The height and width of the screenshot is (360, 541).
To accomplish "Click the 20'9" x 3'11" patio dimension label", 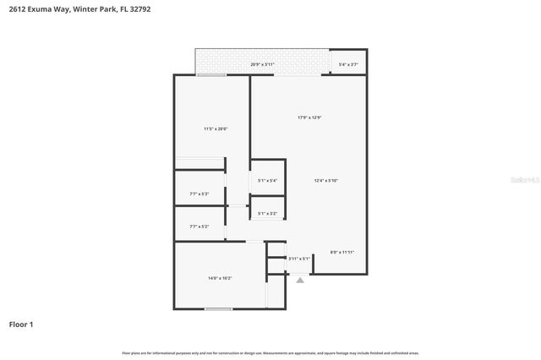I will coord(263,64).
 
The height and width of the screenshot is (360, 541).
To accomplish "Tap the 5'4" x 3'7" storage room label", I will coord(348,64).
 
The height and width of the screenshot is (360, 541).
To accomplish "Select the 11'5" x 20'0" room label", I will coord(216,128).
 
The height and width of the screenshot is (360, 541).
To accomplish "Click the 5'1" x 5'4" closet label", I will coord(267,180).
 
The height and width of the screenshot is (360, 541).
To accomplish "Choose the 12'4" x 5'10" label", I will coord(326,180).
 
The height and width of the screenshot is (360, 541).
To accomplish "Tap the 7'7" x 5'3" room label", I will coord(199,194).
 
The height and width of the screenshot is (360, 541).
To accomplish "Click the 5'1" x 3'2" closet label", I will coord(267,213).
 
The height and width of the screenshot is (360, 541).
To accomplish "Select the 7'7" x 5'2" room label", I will coord(199,226).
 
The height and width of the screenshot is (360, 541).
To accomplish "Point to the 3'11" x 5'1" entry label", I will coord(299,259).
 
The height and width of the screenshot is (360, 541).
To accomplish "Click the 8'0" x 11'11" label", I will coord(342,252).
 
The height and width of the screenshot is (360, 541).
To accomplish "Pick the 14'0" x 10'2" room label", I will coord(220,278).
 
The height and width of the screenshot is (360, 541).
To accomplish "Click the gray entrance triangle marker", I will coord(299,279).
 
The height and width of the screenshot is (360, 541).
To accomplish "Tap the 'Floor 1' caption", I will coord(21,324).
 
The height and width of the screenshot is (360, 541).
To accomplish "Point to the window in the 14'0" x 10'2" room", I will coord(219,308).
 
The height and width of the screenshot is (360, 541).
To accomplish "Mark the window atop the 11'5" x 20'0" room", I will coord(211,75).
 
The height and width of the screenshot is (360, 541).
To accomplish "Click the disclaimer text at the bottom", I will coord(270,352).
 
